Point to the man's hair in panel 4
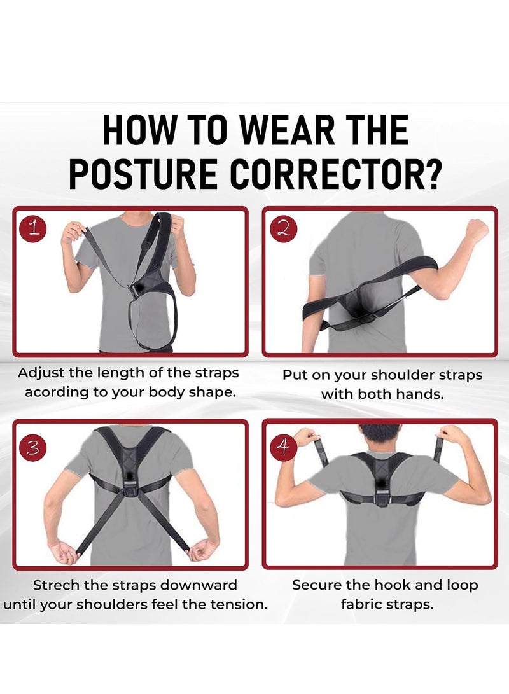tap(380, 433)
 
